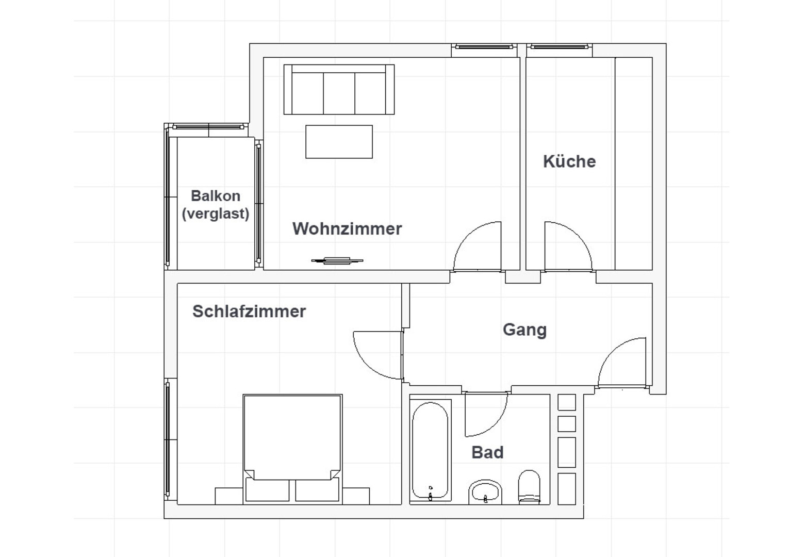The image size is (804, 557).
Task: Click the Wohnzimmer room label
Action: [x=347, y=228]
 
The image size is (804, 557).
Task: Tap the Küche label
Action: [x=569, y=161]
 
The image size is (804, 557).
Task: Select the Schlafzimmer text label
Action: [x=249, y=311]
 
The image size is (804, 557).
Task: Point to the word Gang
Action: [x=525, y=330]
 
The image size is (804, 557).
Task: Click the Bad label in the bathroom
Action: [x=487, y=452]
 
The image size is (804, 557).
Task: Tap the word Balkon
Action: [x=216, y=196]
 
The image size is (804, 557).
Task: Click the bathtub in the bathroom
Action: [x=430, y=450]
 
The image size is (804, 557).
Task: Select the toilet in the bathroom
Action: [x=529, y=486]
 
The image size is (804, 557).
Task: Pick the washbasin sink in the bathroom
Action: [x=485, y=492]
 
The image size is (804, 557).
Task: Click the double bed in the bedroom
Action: [x=292, y=449]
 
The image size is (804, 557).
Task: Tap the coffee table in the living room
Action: [x=339, y=142]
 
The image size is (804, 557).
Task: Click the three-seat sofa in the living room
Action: [x=339, y=89]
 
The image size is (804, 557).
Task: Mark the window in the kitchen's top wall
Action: [x=559, y=46]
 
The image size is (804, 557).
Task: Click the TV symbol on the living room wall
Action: [x=337, y=261]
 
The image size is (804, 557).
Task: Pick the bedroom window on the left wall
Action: [x=168, y=439]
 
